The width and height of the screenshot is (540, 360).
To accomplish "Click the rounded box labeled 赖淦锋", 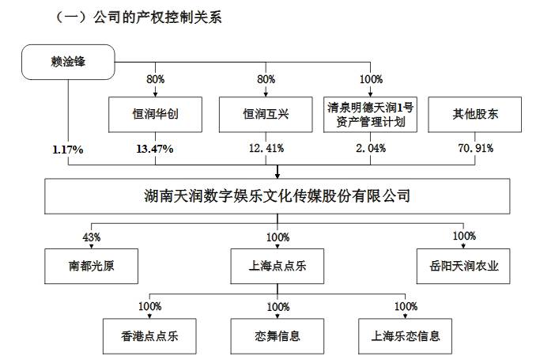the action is coord(68,62).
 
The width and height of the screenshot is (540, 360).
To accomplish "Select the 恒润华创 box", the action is coord(155,115).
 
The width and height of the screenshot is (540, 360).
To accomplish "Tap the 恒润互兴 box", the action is coord(266,115).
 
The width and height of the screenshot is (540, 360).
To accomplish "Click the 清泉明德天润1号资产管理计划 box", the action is coord(370,115).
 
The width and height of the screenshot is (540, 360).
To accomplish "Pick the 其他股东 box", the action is coord(475,115).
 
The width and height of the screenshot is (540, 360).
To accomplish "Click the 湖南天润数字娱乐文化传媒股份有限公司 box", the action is coord(278,196).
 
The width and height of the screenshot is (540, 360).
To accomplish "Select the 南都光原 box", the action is coord(91,267).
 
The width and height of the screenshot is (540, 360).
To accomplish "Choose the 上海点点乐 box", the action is coord(278,267).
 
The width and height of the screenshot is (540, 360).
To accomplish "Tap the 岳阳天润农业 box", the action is coord(463,267).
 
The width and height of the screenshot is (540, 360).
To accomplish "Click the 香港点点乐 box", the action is coord(149,336).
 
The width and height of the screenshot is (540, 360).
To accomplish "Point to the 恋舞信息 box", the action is coord(278,336).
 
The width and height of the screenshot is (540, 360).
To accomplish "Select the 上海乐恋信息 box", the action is coord(405,336).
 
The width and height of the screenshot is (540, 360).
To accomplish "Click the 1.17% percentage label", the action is coord(68,150).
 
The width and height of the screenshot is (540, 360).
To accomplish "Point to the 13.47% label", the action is coord(155,149).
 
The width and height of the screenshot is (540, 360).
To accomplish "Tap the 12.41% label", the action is coord(266,148).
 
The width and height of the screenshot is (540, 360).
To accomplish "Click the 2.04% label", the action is coord(371,148).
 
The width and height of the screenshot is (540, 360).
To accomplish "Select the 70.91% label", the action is coord(476,148).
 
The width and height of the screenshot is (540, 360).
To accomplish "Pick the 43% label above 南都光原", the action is coord(92,237).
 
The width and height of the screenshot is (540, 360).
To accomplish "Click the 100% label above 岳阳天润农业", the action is coord(464,236).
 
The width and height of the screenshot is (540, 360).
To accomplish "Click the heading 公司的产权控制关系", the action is coord(157,17).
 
